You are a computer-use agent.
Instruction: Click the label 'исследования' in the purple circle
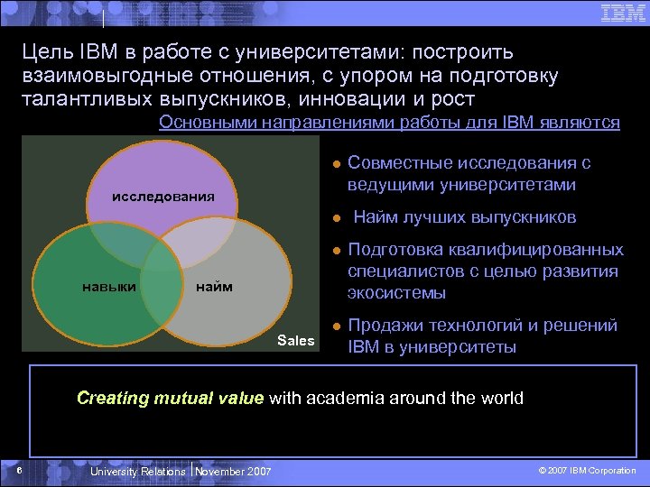pyautogui.click(x=162, y=196)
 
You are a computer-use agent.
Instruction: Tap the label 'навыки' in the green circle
pyautogui.click(x=109, y=287)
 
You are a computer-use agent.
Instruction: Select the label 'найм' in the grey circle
pyautogui.click(x=214, y=287)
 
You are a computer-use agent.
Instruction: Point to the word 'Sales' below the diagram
pyautogui.click(x=296, y=340)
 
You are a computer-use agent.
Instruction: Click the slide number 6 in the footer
pyautogui.click(x=18, y=470)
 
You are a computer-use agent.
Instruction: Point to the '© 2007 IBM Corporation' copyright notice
pyautogui.click(x=587, y=471)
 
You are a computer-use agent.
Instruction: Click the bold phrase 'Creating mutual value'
pyautogui.click(x=171, y=398)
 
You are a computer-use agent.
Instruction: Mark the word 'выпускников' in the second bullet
pyautogui.click(x=525, y=217)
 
